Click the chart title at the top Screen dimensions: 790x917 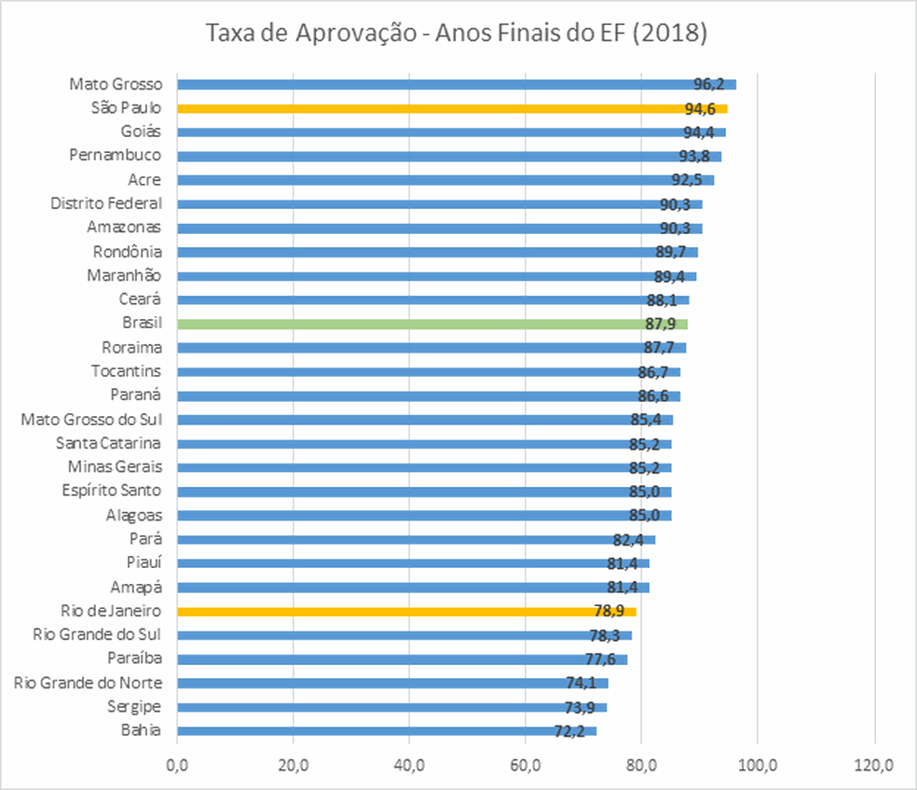457,35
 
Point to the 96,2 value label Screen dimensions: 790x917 709,84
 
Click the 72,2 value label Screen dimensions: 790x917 569,731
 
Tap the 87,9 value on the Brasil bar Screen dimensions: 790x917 661,324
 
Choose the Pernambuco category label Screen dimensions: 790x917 115,155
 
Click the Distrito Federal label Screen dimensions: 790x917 105,203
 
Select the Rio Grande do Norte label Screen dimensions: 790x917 88,683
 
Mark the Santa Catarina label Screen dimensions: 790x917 108,443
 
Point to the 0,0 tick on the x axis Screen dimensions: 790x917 177,766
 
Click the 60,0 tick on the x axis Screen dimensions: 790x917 526,766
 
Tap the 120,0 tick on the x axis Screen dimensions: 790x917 874,766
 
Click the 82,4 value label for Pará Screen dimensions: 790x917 629,539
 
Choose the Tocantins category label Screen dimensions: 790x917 126,371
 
